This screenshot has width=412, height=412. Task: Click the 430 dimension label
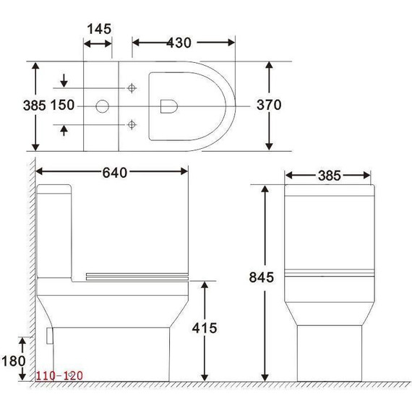pos(179,43)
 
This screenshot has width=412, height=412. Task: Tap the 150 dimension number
pos(63,106)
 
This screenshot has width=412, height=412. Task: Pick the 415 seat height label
pos(205,328)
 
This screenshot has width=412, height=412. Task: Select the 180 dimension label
pos(14,361)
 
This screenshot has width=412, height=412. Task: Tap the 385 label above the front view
pos(328,176)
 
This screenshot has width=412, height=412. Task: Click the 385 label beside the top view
pos(14,105)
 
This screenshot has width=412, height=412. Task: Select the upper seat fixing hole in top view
pos(132,88)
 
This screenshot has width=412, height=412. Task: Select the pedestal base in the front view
pos(328,354)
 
